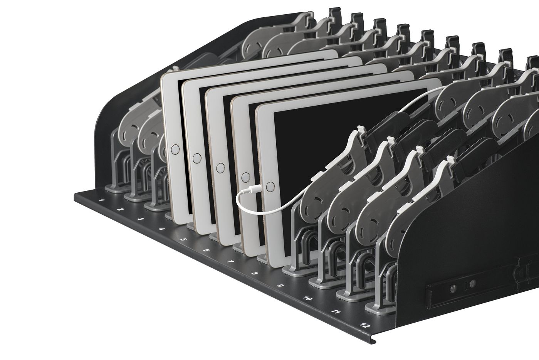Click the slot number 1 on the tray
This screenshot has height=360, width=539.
(x=102, y=200)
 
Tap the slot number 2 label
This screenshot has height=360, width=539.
(x=121, y=210)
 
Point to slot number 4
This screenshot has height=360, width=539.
(x=162, y=229)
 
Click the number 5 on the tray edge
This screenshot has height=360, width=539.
(x=184, y=239)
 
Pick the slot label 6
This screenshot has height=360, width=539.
(x=207, y=250)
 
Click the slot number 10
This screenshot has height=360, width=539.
(x=308, y=299)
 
